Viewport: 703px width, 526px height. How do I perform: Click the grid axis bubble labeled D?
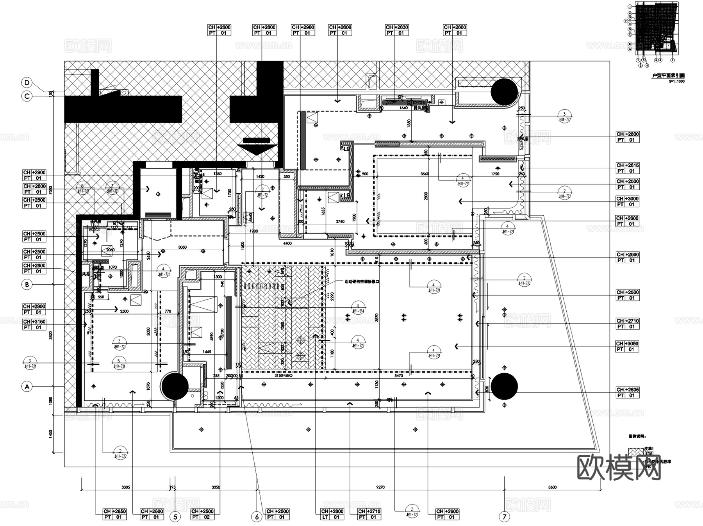(x=27, y=83)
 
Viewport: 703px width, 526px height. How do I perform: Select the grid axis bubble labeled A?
(x=27, y=387)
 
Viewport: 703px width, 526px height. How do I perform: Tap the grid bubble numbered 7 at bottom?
(x=504, y=517)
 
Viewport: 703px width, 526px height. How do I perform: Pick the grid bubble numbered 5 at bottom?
(x=175, y=517)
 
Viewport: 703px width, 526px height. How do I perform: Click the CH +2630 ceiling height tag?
(x=397, y=30)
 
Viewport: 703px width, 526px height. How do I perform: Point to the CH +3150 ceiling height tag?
(x=34, y=325)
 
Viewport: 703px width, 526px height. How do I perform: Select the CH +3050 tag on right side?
(x=627, y=346)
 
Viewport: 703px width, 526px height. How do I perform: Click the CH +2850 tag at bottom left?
(x=115, y=514)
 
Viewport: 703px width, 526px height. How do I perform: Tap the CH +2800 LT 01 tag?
(x=332, y=514)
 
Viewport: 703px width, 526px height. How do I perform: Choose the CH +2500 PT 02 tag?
(x=203, y=514)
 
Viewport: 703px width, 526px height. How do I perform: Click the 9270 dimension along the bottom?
(x=380, y=487)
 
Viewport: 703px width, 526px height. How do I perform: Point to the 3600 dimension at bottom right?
(x=552, y=487)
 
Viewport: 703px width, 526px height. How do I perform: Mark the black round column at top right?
(x=504, y=91)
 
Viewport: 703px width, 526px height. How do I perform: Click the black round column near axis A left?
(x=175, y=386)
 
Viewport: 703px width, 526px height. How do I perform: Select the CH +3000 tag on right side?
(x=627, y=201)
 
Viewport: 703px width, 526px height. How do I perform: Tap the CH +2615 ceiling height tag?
(x=627, y=168)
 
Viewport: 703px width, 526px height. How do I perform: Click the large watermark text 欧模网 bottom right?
(x=619, y=467)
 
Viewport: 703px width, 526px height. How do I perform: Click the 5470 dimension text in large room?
(x=398, y=376)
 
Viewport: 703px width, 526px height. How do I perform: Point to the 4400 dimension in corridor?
(x=287, y=243)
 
